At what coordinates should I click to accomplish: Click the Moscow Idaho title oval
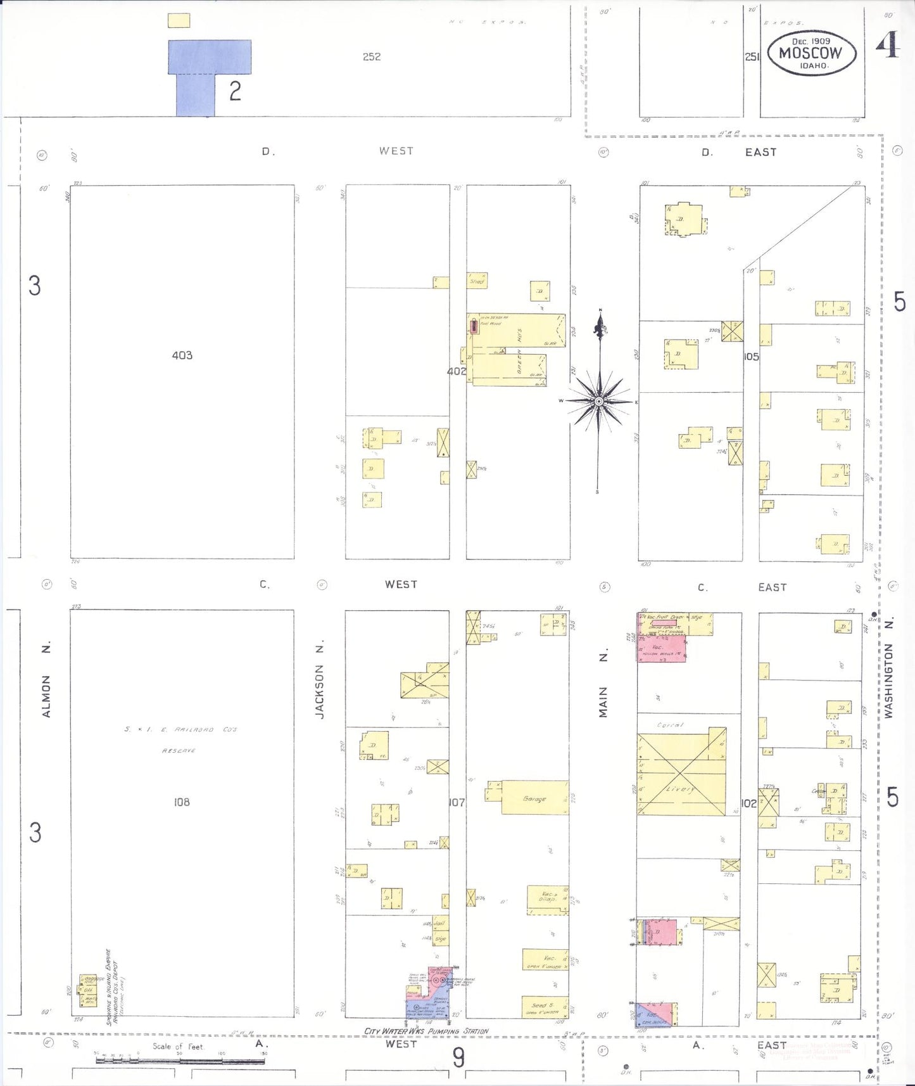click(811, 53)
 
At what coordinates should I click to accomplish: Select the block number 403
click(182, 355)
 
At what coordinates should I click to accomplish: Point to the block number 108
click(182, 802)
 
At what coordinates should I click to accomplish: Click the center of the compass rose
click(598, 401)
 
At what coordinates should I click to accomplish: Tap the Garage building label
click(534, 799)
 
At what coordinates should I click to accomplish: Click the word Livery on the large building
click(680, 789)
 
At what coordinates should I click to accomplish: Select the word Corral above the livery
click(670, 725)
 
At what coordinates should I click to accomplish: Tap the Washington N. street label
click(889, 668)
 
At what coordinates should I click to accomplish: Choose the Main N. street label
click(603, 684)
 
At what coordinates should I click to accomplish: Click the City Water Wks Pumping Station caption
click(426, 1031)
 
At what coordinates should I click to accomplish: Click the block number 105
click(751, 357)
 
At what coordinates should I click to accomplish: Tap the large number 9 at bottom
click(458, 1057)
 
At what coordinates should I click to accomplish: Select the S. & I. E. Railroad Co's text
click(180, 730)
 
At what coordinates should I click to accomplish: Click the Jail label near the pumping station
click(439, 924)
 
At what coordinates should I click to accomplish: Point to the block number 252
click(372, 57)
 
